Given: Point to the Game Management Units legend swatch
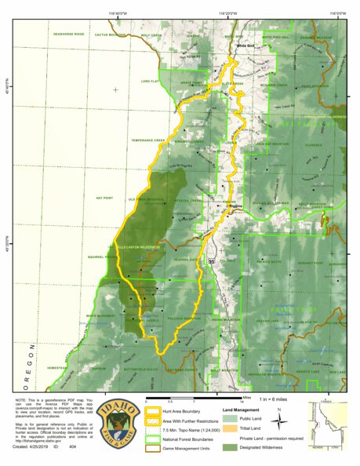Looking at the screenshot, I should tap(151, 448).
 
